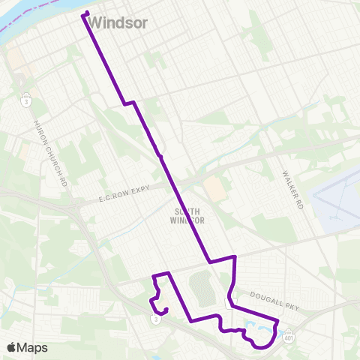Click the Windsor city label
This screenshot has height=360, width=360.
click(122, 23)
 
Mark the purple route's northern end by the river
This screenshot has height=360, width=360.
click(85, 13)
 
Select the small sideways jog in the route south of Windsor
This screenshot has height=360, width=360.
click(129, 102)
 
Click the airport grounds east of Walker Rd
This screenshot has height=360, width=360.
click(337, 202)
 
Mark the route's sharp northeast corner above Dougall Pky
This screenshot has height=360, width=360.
click(235, 257)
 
